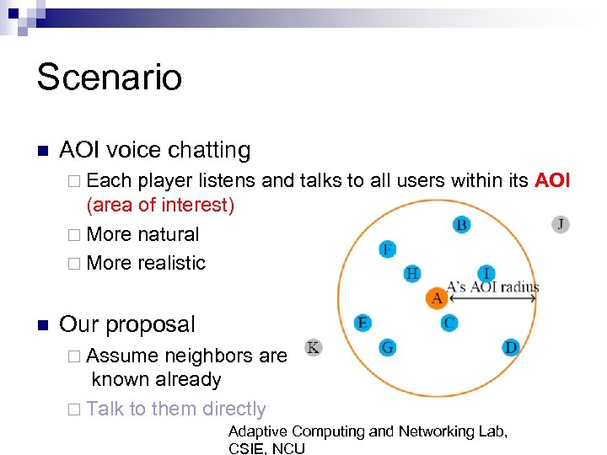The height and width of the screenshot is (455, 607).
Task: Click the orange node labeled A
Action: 437,297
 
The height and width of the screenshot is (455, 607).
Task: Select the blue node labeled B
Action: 461,224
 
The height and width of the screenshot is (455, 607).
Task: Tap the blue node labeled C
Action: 449,322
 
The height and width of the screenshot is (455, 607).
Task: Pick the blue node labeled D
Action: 511,347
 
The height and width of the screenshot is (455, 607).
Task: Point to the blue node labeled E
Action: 363,323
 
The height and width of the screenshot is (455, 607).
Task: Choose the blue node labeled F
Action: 387,249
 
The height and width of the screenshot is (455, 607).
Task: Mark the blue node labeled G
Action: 387,347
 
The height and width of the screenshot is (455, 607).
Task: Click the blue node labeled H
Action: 411,273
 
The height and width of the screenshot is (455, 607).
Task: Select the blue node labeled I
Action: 486,273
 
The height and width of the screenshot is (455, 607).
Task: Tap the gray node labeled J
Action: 561,224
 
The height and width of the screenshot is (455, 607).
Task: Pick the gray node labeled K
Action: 313,347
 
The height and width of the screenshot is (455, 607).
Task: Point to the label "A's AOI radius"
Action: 492,286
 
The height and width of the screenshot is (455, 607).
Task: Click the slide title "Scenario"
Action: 109,78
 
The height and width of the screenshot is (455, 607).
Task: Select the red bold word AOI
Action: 552,179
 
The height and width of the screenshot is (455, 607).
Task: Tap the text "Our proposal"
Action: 127,324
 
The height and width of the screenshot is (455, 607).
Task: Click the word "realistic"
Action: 170,263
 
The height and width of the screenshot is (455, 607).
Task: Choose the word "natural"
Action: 167,234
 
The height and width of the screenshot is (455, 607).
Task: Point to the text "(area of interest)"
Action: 160,205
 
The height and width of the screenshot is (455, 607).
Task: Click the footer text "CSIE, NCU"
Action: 266,448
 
